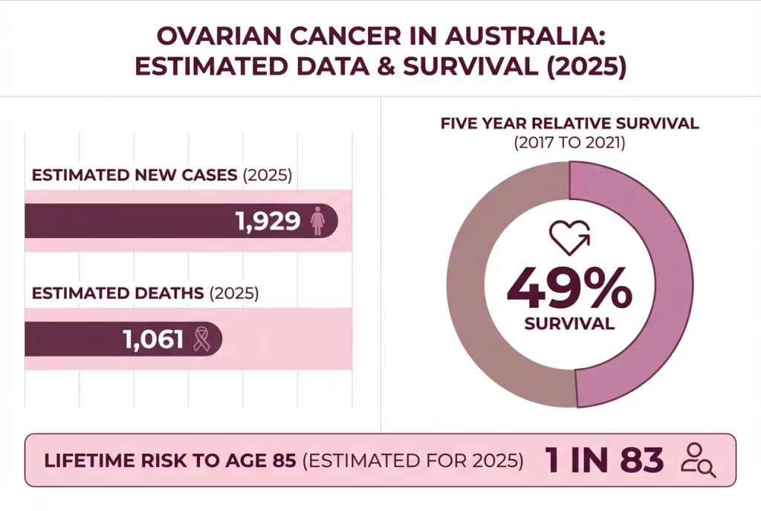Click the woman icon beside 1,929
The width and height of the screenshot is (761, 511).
click(318, 222)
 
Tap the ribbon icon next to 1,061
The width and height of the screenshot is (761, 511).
click(201, 339)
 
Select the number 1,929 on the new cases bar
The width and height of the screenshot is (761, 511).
click(268, 221)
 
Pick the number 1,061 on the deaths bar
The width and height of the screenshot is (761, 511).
click(153, 339)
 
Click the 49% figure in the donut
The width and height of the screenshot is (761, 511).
click(569, 289)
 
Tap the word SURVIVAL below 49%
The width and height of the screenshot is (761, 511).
click(569, 324)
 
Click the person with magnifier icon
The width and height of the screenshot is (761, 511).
click(698, 460)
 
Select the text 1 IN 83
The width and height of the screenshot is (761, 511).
click(604, 460)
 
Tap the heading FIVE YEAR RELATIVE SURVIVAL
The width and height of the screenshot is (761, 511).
click(569, 123)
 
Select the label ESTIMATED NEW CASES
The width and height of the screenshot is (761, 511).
click(135, 176)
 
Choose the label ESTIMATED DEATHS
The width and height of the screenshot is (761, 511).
click(117, 293)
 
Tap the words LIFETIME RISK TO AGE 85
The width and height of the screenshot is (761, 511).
click(172, 460)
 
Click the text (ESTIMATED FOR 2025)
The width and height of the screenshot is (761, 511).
click(413, 460)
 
